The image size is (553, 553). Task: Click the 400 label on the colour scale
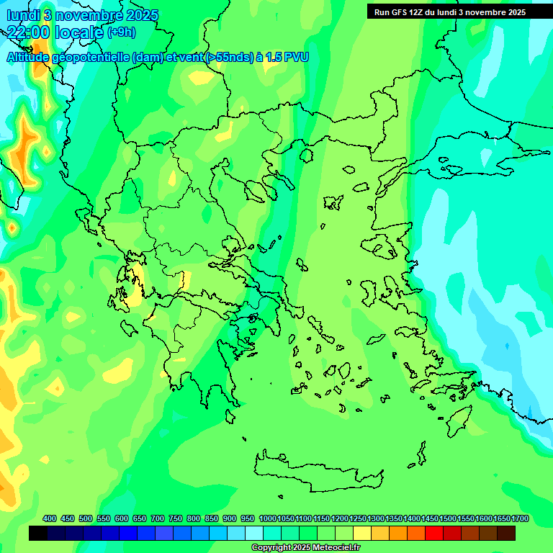(50, 518)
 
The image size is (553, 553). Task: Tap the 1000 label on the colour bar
(267, 518)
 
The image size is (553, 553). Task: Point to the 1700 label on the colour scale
(519, 518)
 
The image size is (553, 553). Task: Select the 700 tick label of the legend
(158, 518)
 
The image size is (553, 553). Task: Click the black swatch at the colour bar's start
(38, 534)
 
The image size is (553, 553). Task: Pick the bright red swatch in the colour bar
(434, 534)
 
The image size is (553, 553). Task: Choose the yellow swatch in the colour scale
(362, 534)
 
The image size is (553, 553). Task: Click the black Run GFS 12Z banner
(459, 12)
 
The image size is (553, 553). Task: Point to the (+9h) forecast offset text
(121, 32)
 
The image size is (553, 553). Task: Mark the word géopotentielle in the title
(94, 57)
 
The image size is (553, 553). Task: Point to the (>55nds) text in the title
(227, 57)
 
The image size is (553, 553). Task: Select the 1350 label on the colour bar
(393, 518)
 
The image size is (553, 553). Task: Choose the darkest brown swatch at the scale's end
(506, 534)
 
